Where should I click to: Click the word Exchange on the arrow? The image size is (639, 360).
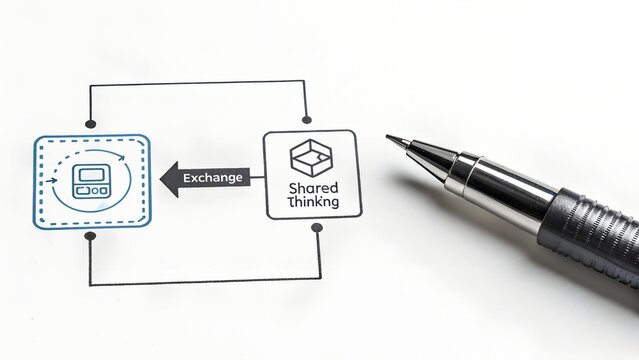213,178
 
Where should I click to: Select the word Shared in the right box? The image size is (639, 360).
312,187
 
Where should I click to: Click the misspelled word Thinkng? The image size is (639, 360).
312,202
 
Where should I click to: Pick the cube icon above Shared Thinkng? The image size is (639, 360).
309,156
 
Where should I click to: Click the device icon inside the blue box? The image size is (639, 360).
92,182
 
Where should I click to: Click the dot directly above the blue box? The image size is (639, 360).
92,123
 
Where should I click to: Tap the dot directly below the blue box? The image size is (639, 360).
92,237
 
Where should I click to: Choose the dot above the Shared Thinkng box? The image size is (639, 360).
308,119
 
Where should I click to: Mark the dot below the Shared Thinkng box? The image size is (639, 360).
317,228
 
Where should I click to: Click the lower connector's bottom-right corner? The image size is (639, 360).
317,283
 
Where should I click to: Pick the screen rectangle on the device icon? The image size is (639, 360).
92,174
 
